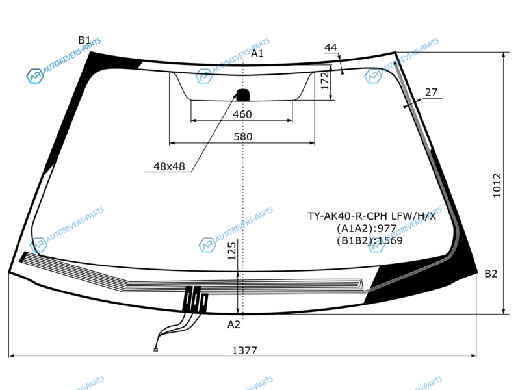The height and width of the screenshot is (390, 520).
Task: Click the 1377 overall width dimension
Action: point(244,350)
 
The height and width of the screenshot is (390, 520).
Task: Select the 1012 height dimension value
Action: point(497,185)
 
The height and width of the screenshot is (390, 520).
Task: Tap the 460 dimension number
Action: point(242,114)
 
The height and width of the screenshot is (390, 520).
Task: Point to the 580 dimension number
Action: point(242,136)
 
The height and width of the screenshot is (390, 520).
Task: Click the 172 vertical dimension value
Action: point(325,81)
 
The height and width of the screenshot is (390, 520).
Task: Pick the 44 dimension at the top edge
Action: point(331,47)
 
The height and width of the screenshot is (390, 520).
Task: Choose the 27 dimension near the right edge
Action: point(431,92)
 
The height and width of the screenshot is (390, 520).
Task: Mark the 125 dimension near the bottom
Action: point(232,251)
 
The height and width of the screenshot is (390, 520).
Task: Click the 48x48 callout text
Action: point(169,166)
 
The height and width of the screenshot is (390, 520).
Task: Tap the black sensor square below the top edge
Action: point(242,95)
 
